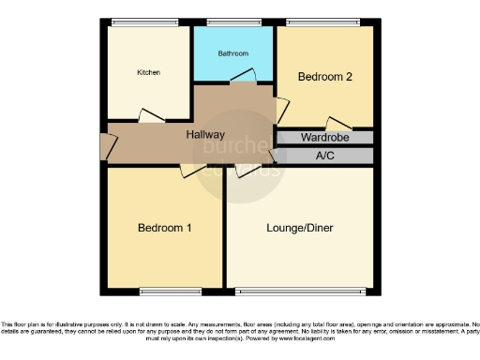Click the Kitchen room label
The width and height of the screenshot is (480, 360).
click(148, 72)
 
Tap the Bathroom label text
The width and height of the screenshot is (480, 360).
click(232, 53)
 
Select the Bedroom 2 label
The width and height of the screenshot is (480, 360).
click(324, 77)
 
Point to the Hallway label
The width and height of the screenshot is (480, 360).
click(205, 135)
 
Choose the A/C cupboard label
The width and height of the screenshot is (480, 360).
click(326, 155)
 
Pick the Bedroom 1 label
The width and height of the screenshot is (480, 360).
click(165, 228)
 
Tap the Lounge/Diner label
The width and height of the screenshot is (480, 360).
click(300, 228)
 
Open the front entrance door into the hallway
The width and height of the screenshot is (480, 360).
click(106, 144)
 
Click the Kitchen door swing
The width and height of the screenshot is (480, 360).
click(151, 115)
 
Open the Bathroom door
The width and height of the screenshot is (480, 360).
click(243, 79)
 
